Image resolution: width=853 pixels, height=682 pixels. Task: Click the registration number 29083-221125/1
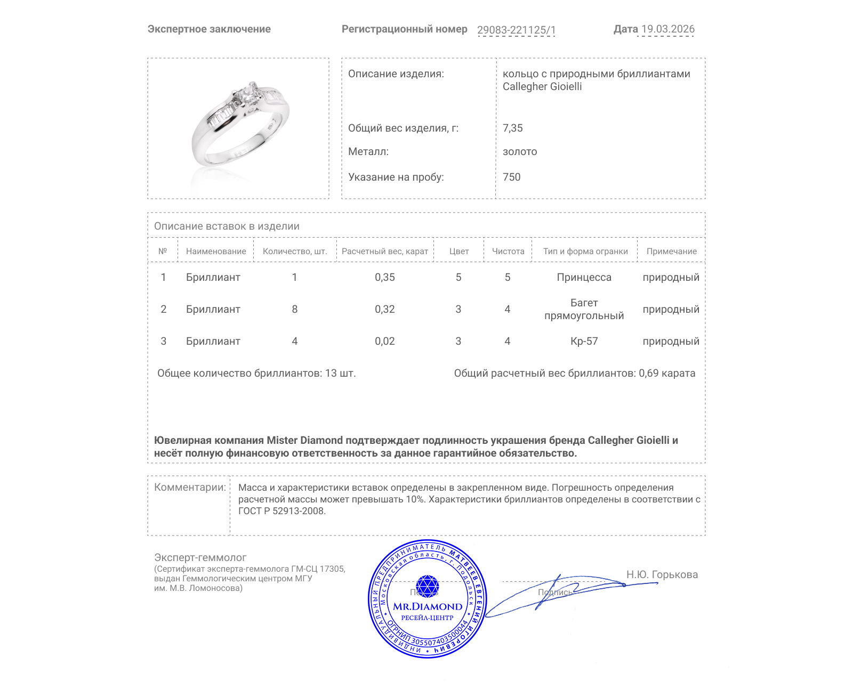pos(516,30)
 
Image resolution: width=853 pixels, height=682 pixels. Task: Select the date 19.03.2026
pos(667,29)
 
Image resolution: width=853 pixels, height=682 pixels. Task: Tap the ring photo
pos(239,127)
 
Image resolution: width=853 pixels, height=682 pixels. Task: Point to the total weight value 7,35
pos(512,128)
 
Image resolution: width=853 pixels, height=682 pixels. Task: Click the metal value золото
pos(520,152)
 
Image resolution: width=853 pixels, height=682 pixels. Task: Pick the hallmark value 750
pos(511,177)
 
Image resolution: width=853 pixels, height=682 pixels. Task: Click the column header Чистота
pos(508,251)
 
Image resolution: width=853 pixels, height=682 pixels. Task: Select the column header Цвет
pos(458,251)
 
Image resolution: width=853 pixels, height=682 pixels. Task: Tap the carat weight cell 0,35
pos(384,278)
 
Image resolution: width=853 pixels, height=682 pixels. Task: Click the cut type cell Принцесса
pos(584,278)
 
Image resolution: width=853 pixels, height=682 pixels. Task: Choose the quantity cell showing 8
pos(294,310)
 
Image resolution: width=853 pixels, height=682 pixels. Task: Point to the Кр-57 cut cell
pos(584,342)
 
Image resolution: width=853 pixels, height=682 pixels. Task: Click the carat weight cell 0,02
pos(384,342)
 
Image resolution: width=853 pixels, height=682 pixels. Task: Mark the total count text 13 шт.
pos(340,374)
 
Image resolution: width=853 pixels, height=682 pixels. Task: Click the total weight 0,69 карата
pos(666,374)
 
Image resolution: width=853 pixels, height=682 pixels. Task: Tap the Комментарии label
pos(190,488)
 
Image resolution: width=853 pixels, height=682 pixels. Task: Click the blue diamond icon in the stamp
pos(427,586)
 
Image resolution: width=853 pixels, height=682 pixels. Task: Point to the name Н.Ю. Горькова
pos(662,575)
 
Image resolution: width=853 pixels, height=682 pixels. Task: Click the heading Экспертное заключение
pos(209,29)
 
